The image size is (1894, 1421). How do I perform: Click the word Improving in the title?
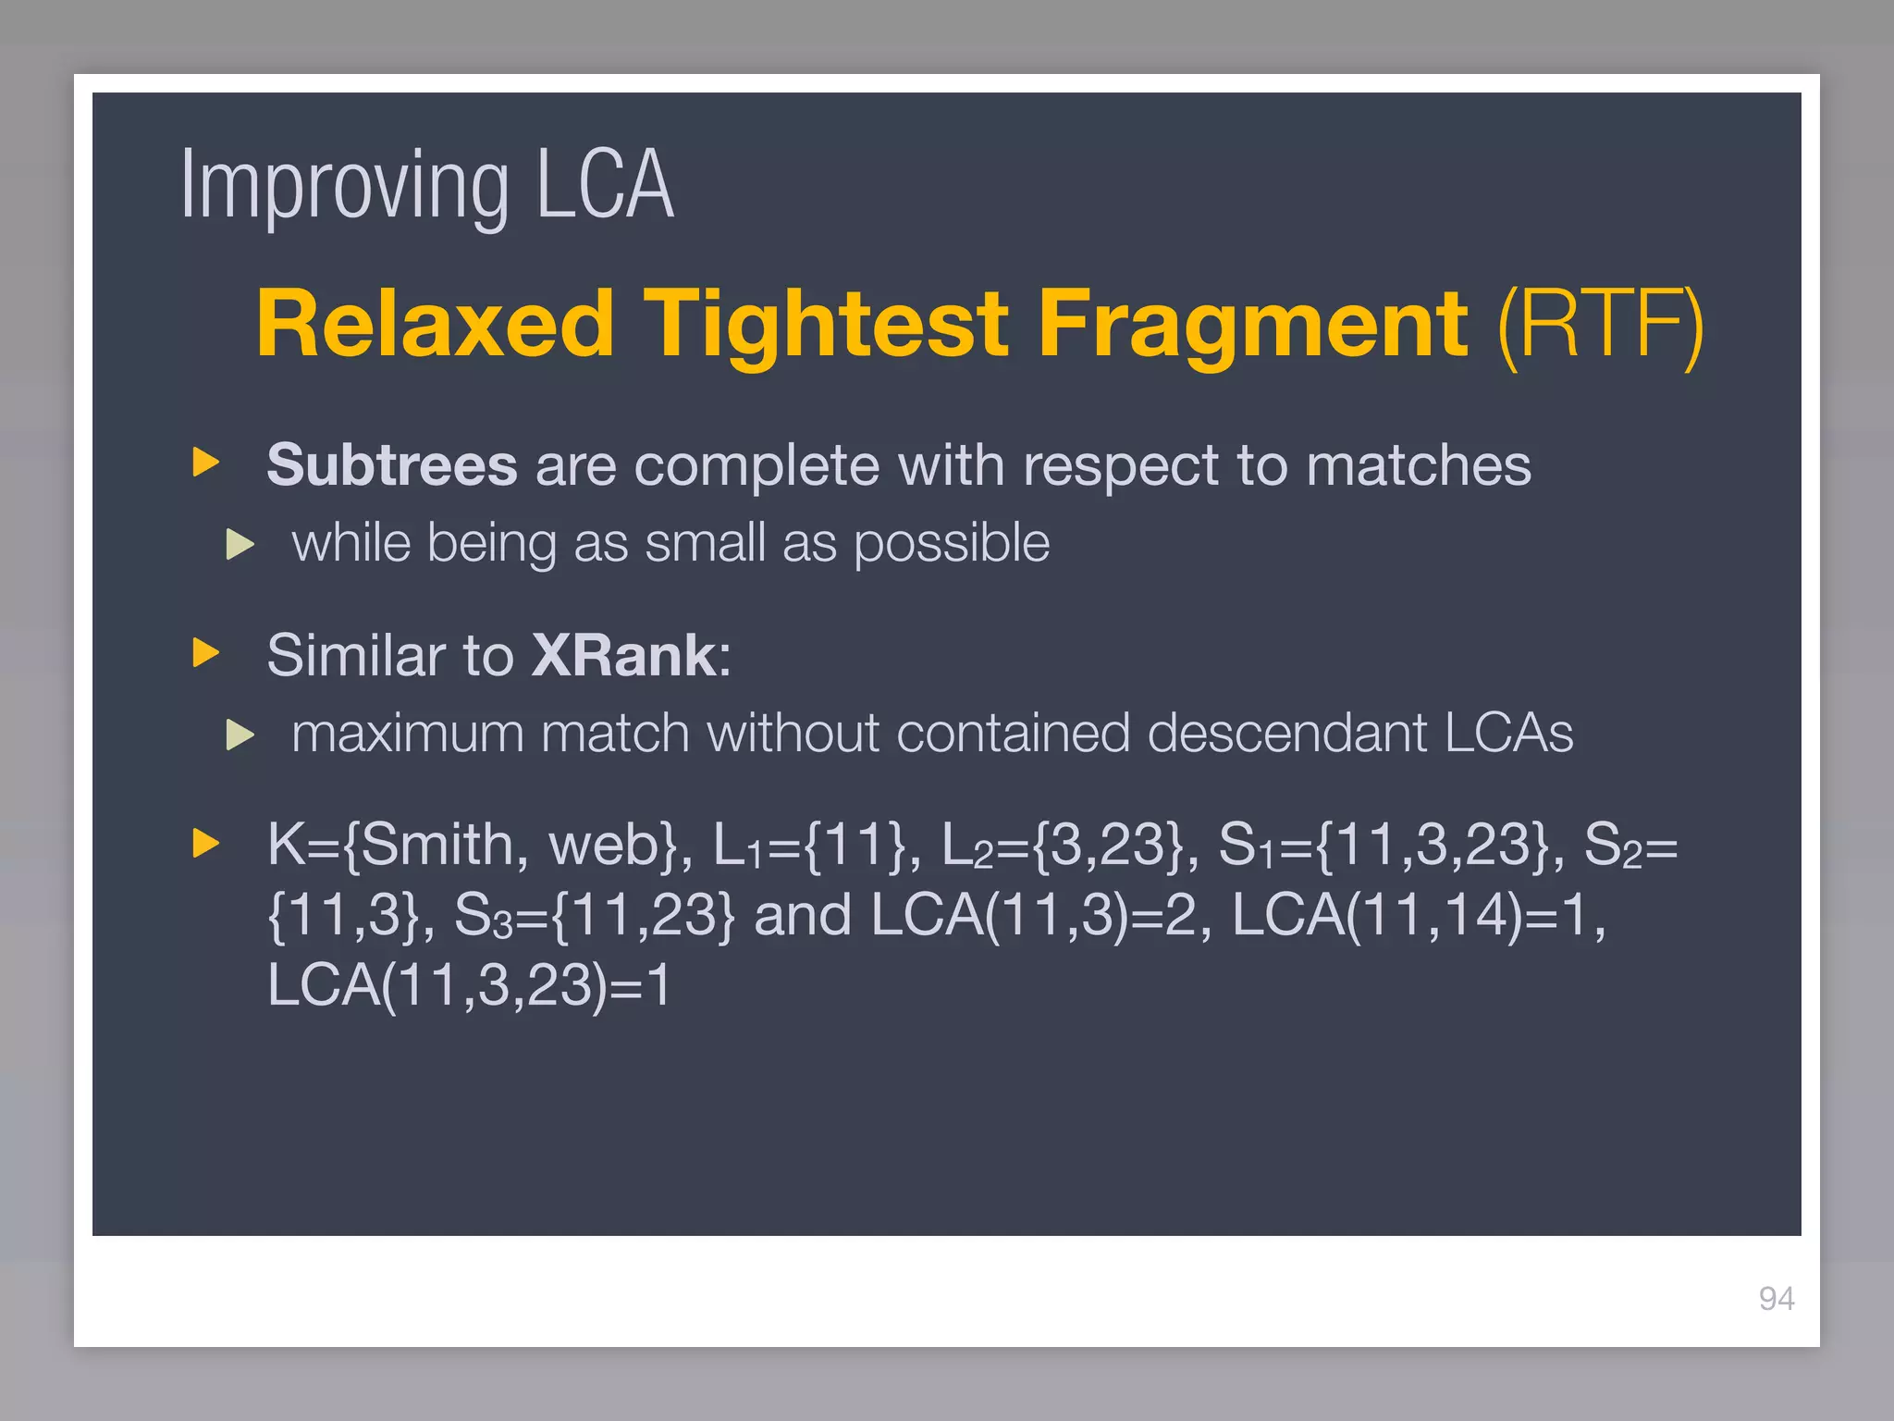point(344,187)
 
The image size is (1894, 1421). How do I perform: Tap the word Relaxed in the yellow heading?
point(436,324)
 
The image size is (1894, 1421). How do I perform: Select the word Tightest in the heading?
point(825,324)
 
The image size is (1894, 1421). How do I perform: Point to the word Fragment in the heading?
point(1252,324)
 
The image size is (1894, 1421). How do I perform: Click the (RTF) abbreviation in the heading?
point(1600,324)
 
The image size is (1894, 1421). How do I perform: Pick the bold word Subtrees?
point(391,464)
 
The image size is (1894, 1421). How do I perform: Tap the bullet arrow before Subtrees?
point(205,463)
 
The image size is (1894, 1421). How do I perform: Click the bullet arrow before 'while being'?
point(240,544)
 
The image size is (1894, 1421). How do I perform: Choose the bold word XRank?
point(624,655)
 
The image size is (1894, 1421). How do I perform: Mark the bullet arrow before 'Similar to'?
point(205,653)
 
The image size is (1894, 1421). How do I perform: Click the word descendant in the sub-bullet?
point(1286,734)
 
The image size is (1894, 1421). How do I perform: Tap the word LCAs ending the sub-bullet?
point(1507,734)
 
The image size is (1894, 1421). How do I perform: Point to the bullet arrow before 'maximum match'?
point(240,735)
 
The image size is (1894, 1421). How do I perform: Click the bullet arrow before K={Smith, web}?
point(205,843)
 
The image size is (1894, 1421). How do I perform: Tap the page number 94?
point(1776,1299)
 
